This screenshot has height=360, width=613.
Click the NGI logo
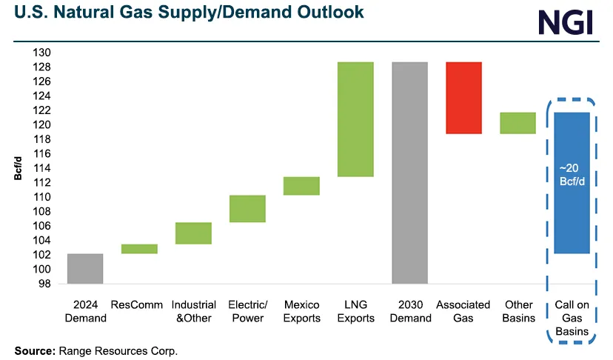pyautogui.click(x=566, y=21)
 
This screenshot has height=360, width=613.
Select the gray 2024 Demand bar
pyautogui.click(x=85, y=268)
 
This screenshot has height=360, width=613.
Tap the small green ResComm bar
pyautogui.click(x=139, y=249)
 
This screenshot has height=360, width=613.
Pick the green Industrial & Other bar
pyautogui.click(x=193, y=233)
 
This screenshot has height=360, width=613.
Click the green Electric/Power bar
pyautogui.click(x=247, y=209)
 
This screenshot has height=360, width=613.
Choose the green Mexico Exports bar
pyautogui.click(x=301, y=186)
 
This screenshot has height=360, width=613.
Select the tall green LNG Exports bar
pyautogui.click(x=355, y=119)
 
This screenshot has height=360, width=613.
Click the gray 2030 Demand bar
pyautogui.click(x=409, y=173)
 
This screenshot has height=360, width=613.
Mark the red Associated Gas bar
pyautogui.click(x=463, y=98)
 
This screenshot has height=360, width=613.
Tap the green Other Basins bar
pyautogui.click(x=517, y=123)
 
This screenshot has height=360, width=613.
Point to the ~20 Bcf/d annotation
pyautogui.click(x=572, y=173)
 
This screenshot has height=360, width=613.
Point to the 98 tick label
pyautogui.click(x=44, y=284)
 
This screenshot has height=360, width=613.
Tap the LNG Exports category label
pyautogui.click(x=355, y=311)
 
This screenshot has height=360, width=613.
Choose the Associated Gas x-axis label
pyautogui.click(x=463, y=311)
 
